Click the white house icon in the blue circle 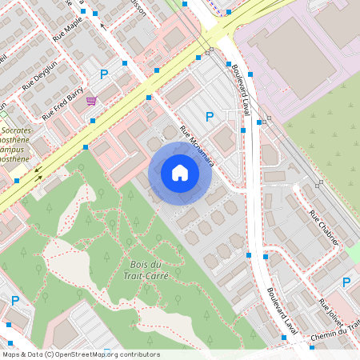(180, 173)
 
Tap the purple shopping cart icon (92, 101)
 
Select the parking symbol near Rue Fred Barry (103, 74)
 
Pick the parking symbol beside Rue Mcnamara (210, 117)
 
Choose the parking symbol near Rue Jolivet (346, 282)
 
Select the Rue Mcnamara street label (197, 145)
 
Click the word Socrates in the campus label (18, 129)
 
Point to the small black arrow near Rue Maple (102, 26)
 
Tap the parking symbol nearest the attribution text (15, 301)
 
